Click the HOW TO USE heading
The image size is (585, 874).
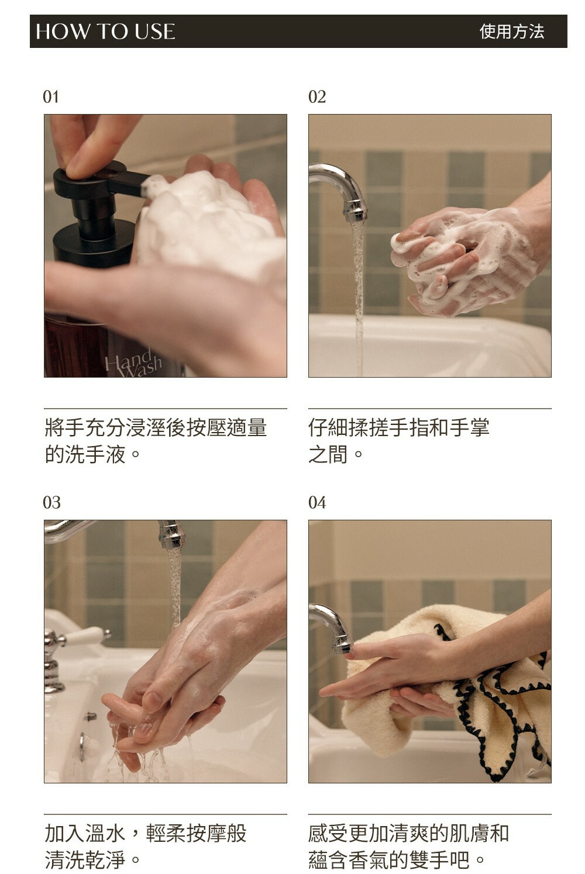tap(105, 32)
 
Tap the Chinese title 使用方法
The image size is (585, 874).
tap(511, 32)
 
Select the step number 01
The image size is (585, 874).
tap(51, 97)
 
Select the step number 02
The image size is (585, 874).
tap(316, 97)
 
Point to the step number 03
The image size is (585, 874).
tap(51, 503)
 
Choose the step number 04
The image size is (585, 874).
tap(316, 503)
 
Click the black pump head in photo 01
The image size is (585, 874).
tap(98, 184)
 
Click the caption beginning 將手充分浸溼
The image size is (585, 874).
tap(156, 441)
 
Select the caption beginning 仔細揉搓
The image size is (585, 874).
tap(398, 441)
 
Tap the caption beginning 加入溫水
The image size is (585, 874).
tap(145, 846)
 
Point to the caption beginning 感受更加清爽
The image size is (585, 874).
tap(408, 846)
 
